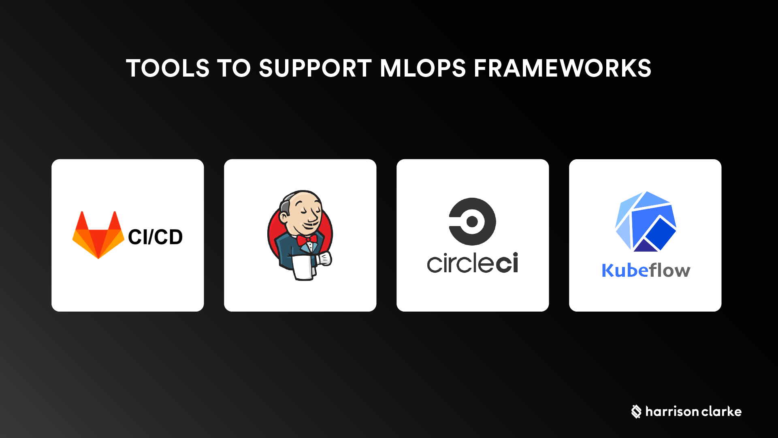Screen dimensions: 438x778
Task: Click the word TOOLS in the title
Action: (x=168, y=68)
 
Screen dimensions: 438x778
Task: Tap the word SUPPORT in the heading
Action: (x=315, y=68)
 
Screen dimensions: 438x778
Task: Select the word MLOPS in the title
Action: (x=423, y=68)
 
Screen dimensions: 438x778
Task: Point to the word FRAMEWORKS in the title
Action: (x=563, y=68)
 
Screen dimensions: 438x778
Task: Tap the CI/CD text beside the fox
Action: (x=156, y=237)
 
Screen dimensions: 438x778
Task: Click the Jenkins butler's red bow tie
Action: (x=307, y=240)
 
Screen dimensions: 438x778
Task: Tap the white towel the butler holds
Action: (x=303, y=267)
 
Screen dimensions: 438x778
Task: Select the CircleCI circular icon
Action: (x=473, y=222)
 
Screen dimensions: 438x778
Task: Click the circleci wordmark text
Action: (x=473, y=263)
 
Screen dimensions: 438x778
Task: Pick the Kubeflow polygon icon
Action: (x=646, y=221)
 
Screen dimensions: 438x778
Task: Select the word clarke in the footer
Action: (x=721, y=412)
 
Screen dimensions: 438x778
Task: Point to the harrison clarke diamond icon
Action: (x=636, y=412)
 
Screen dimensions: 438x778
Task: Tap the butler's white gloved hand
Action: (x=324, y=259)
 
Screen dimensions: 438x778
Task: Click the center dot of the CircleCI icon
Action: (x=472, y=222)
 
